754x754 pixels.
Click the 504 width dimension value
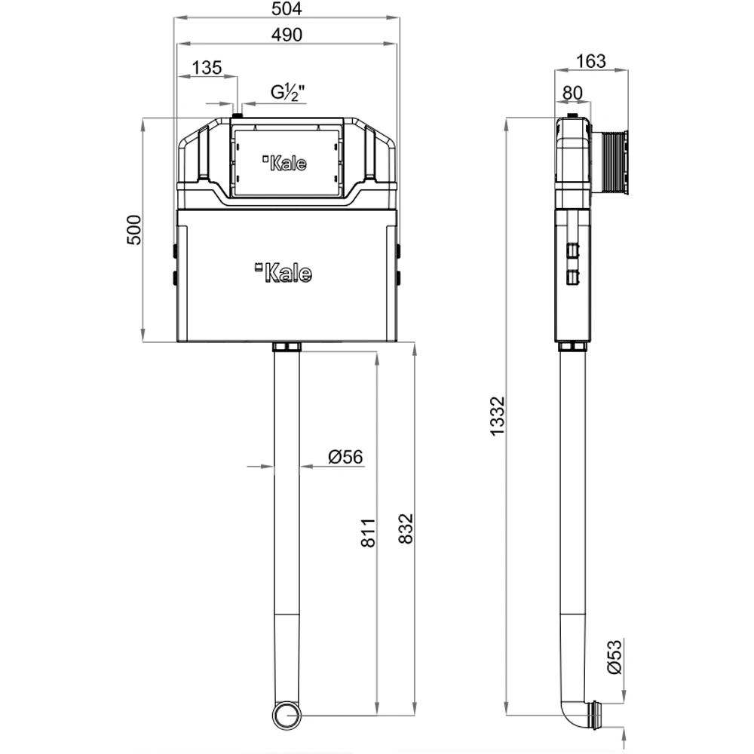[x=287, y=8]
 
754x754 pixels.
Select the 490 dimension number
[x=287, y=35]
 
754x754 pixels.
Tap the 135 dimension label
[x=207, y=68]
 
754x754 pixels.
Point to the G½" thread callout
[x=287, y=92]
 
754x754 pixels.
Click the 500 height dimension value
[x=134, y=230]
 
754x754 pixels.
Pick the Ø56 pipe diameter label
[x=345, y=456]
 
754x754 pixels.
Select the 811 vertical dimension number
[x=369, y=533]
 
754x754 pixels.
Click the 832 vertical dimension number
[x=406, y=529]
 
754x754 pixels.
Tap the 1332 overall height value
[x=498, y=416]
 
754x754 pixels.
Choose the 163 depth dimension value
[x=591, y=62]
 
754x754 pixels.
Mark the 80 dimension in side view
[x=572, y=93]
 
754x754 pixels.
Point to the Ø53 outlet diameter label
[x=615, y=657]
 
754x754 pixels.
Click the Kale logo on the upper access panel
[x=285, y=163]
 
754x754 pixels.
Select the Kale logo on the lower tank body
[x=284, y=273]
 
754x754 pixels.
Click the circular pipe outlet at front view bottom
[x=287, y=716]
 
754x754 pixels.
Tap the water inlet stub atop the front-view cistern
[x=237, y=115]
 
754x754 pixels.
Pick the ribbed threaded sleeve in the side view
[x=610, y=163]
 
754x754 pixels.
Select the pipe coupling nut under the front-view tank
[x=287, y=347]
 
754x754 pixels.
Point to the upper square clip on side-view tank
[x=572, y=251]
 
